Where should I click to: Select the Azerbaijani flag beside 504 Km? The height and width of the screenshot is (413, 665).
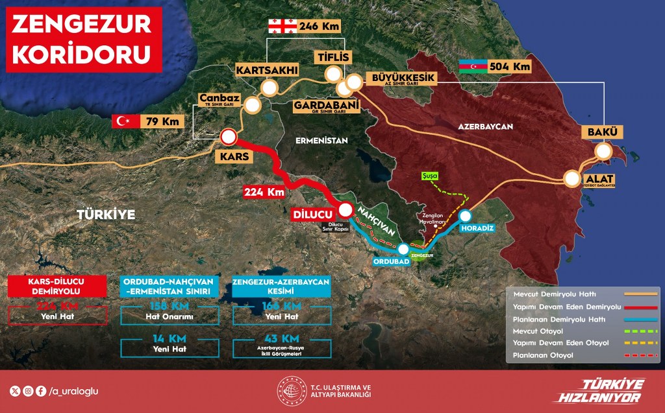click(x=472, y=66)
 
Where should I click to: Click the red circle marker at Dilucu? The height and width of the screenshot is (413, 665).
click(x=346, y=210)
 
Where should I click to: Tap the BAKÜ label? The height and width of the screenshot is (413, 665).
click(x=604, y=133)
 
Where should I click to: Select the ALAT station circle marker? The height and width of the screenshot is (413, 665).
click(x=573, y=178)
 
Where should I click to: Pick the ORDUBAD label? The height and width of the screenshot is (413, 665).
click(x=391, y=261)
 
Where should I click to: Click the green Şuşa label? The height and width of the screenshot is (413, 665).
click(x=431, y=175)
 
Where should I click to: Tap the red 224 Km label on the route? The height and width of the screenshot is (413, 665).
click(x=264, y=192)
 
